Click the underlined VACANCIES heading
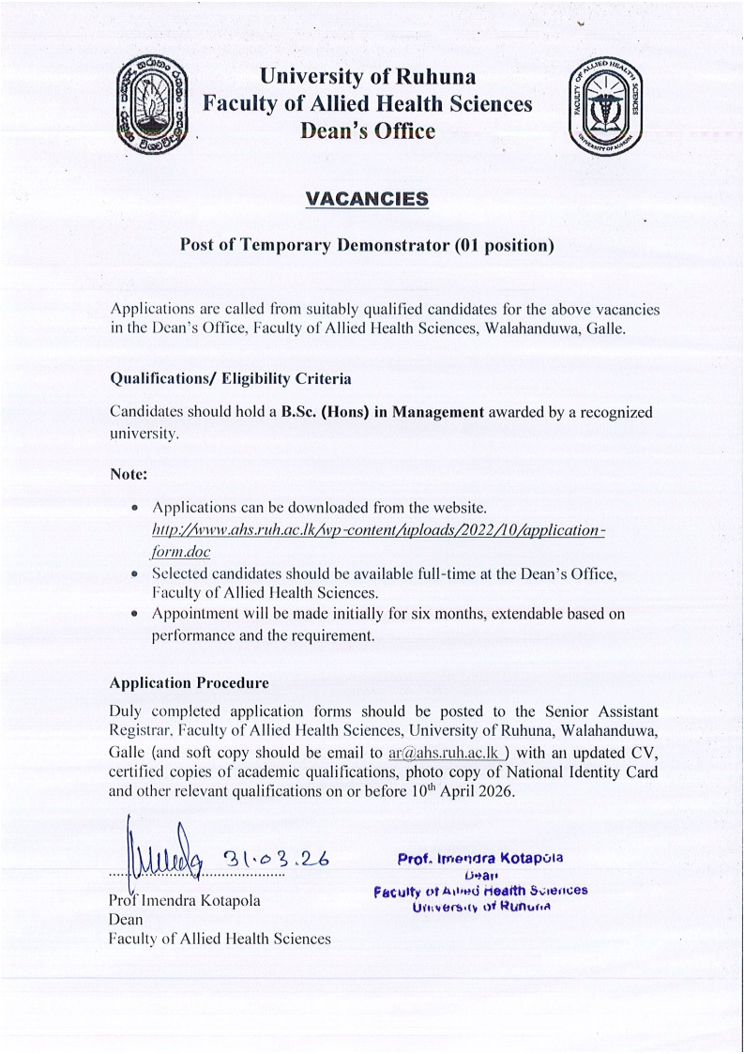367,199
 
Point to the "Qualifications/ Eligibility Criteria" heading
231,379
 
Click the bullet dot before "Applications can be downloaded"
136,508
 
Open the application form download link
375,531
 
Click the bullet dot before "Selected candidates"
136,573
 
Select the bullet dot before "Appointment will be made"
136,614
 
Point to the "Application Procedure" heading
190,682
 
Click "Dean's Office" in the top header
367,131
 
